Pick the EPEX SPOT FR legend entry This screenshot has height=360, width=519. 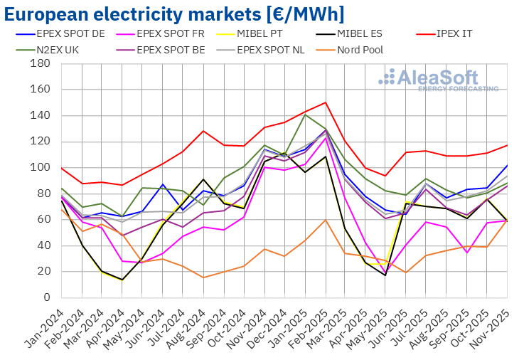tap(170, 33)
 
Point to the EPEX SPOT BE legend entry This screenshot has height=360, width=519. tap(170, 50)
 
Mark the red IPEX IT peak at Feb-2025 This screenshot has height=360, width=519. tap(325, 102)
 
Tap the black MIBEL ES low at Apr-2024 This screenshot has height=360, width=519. tap(122, 280)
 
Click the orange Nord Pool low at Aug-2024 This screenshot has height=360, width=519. tap(203, 277)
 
